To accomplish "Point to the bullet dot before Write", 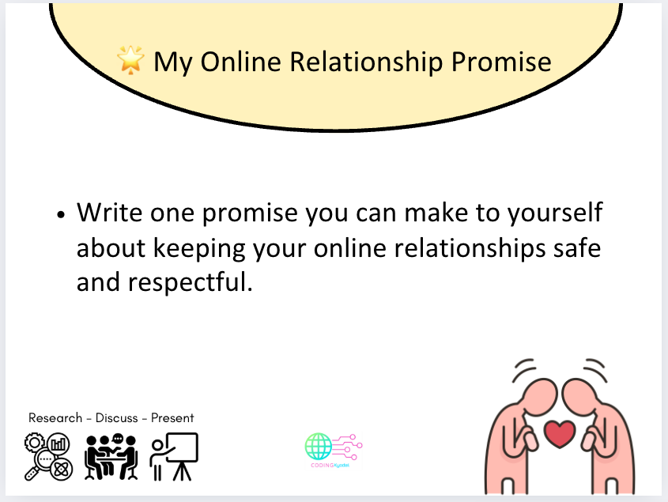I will coord(60,215).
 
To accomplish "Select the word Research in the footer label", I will coord(55,417).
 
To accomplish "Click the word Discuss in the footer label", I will coord(116,417).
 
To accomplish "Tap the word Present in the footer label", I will coord(172,417).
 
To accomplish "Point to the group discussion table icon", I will coord(111,456).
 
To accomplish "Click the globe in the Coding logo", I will coord(319,447).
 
